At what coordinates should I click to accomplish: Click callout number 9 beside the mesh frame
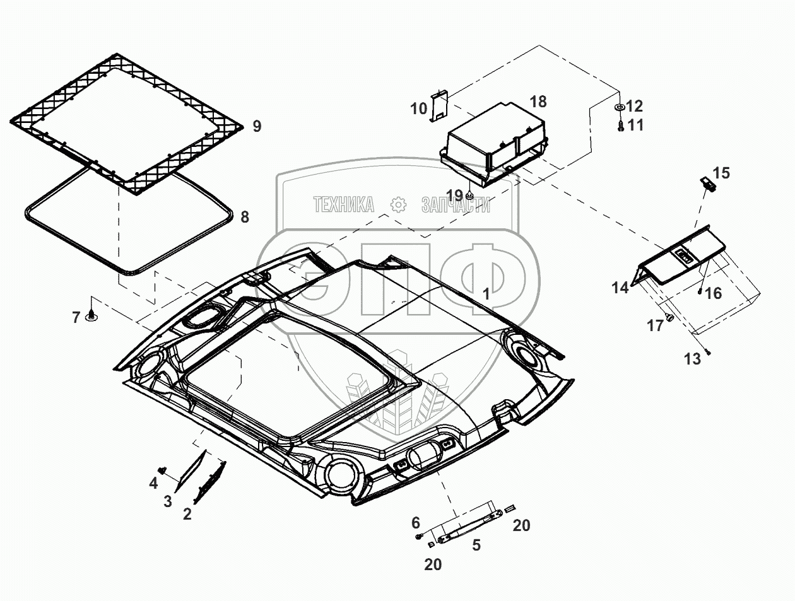pos(256,126)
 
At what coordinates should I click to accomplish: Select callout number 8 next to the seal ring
pos(245,218)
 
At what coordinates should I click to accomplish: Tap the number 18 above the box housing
pos(538,102)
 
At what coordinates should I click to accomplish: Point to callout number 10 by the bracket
pos(419,108)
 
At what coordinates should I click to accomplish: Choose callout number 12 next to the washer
pos(634,106)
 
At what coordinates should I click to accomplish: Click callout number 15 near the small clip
pos(721,173)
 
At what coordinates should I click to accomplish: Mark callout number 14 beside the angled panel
pos(620,288)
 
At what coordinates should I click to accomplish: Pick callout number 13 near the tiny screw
pos(692,359)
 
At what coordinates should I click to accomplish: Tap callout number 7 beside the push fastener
pos(76,317)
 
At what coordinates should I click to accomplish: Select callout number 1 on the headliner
pos(486,294)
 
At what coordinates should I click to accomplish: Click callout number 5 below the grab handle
pos(476,545)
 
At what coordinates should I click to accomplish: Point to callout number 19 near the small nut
pos(455,194)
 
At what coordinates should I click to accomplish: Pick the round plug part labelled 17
pos(670,318)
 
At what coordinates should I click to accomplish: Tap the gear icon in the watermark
pos(397,204)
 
